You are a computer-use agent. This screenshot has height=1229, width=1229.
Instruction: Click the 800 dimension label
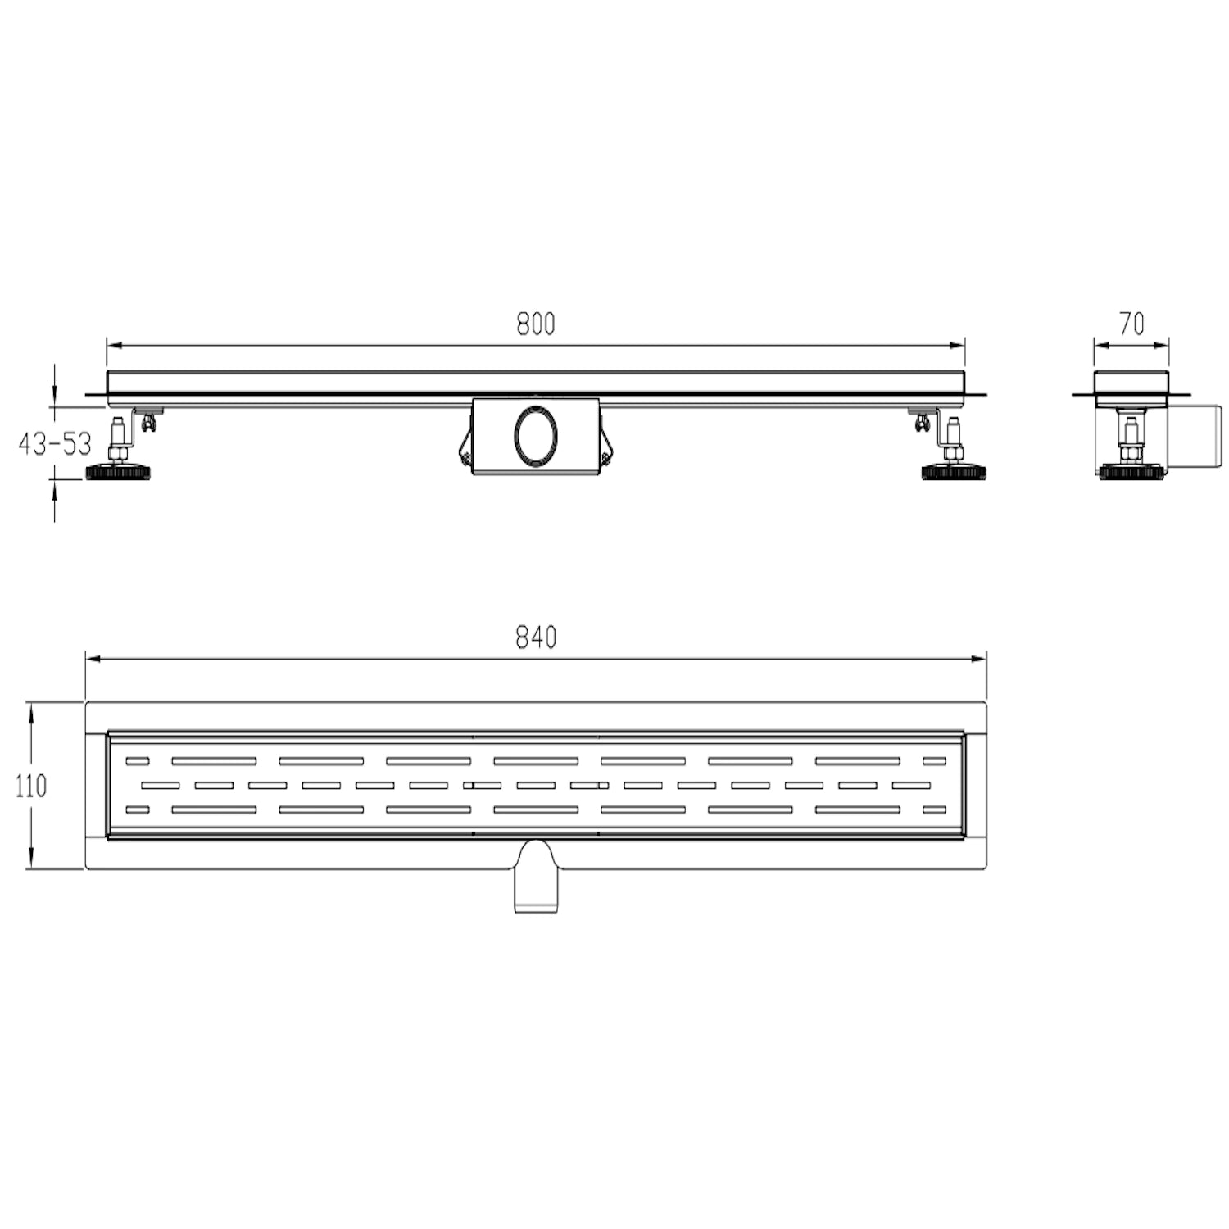(536, 324)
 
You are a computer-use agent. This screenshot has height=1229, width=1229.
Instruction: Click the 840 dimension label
(536, 637)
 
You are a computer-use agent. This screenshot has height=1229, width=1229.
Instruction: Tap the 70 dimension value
(1131, 324)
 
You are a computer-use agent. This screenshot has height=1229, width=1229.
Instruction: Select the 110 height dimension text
(31, 787)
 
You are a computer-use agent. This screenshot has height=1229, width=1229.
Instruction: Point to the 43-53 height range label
(55, 444)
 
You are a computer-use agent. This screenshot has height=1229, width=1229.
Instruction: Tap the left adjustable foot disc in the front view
(119, 473)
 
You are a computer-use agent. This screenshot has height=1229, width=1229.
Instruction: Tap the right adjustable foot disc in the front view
(954, 473)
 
